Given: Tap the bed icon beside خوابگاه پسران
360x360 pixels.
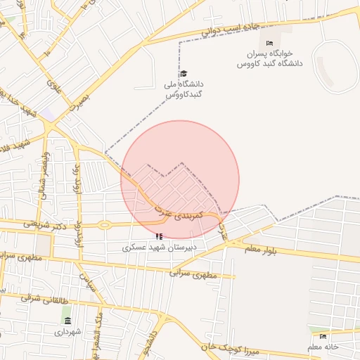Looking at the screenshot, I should [x=269, y=44].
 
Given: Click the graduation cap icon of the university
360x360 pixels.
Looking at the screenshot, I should [x=184, y=74].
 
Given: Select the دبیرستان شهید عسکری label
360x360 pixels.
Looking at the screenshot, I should [x=160, y=247].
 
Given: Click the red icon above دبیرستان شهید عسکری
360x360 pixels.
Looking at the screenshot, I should [x=160, y=237].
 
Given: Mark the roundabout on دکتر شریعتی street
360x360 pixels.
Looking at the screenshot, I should [x=105, y=226].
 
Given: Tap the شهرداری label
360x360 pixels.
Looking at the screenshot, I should [x=67, y=331].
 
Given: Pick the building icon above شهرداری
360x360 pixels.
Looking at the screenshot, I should [x=67, y=321].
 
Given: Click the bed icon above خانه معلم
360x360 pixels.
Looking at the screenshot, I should [x=323, y=337].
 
